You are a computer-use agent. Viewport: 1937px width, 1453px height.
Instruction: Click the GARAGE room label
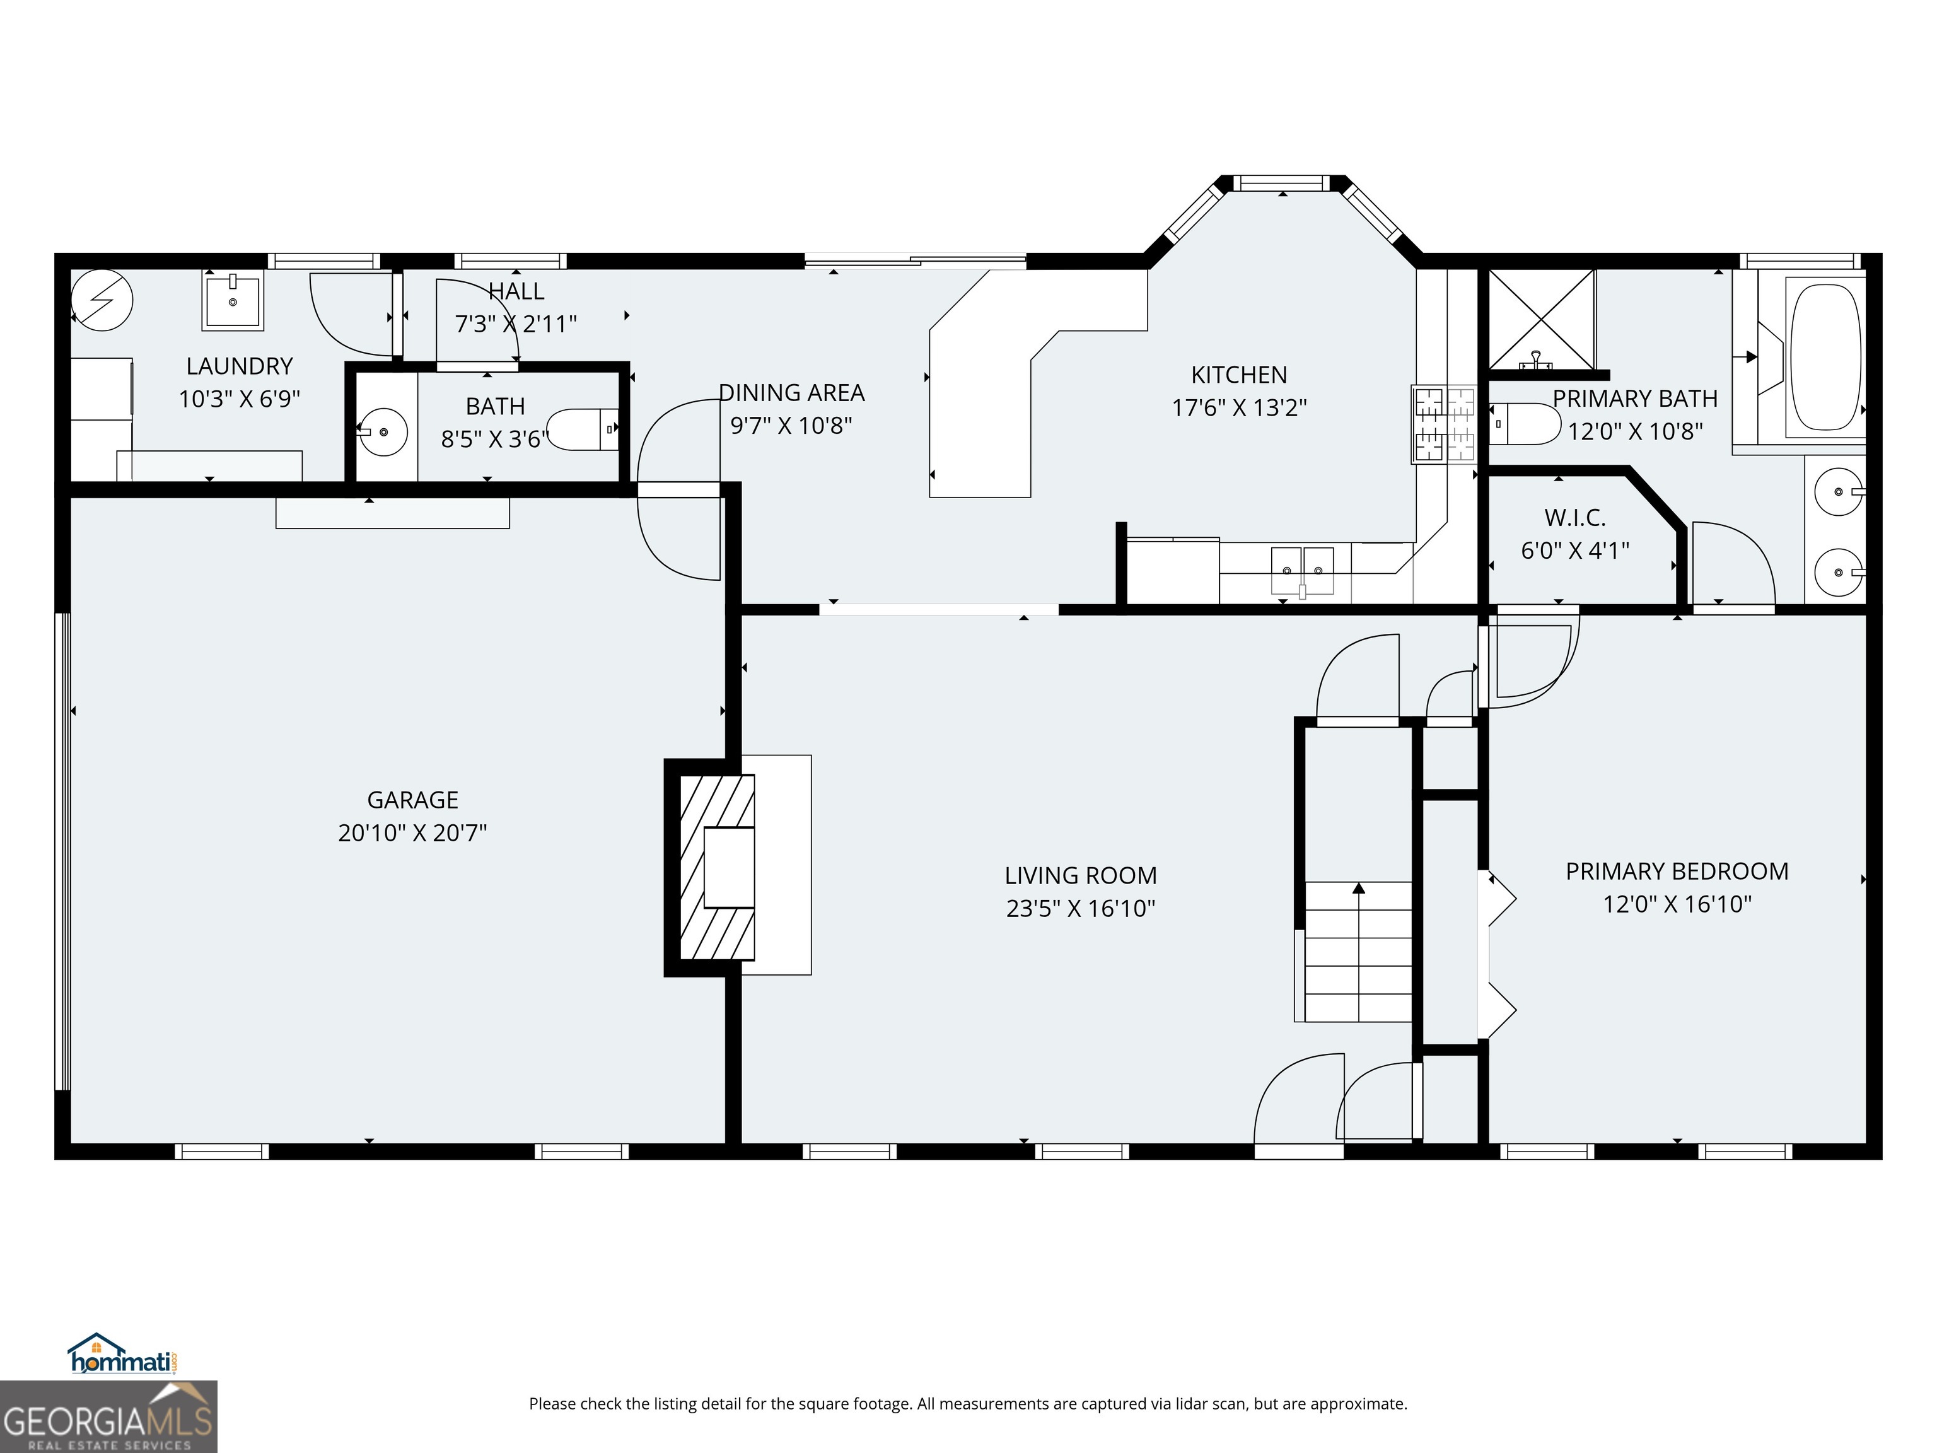click(x=412, y=800)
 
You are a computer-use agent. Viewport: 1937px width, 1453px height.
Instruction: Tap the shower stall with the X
click(x=1541, y=320)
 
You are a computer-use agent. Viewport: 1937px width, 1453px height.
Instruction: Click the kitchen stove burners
click(x=1442, y=424)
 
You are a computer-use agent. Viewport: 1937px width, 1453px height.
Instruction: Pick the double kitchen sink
click(x=1302, y=570)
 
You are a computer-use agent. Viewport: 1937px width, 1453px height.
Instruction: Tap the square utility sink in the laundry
click(x=233, y=300)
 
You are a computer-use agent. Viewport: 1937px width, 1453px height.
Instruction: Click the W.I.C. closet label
click(x=1574, y=518)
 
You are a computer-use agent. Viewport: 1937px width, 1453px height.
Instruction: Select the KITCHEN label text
click(x=1238, y=375)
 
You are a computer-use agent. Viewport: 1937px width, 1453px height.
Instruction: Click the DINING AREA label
click(x=791, y=392)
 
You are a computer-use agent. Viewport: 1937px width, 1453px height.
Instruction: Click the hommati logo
click(x=122, y=1354)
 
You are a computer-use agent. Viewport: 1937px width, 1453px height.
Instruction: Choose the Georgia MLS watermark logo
click(x=108, y=1416)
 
